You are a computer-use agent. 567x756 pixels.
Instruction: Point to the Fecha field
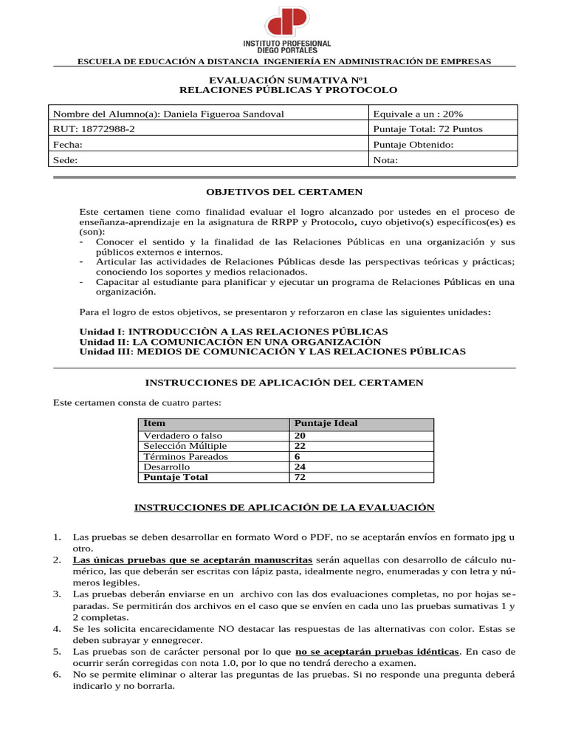click(68, 145)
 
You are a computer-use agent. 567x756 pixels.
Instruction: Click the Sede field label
click(66, 159)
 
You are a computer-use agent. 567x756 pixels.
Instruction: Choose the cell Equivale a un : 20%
click(419, 114)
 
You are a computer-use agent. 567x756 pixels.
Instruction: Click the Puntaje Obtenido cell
click(413, 145)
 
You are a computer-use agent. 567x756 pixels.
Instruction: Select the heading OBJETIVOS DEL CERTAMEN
click(283, 191)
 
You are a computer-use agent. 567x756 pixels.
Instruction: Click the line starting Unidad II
click(230, 342)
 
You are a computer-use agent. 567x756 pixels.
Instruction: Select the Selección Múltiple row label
click(185, 446)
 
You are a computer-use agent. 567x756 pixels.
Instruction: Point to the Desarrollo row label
click(167, 467)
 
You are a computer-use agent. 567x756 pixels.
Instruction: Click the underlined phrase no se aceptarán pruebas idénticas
click(377, 652)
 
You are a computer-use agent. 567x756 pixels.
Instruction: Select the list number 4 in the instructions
click(57, 628)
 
